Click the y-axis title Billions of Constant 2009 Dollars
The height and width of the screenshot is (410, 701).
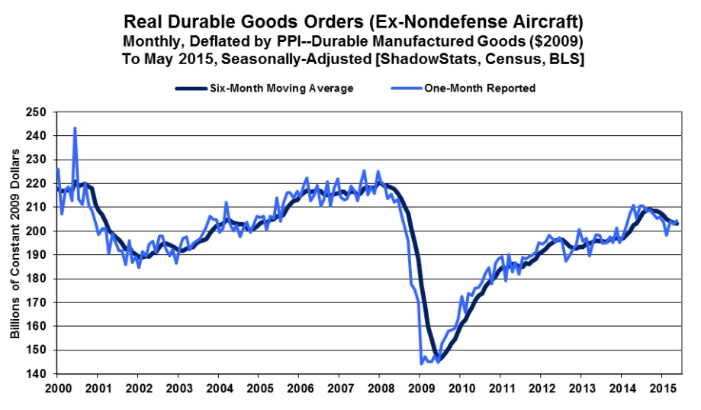14,243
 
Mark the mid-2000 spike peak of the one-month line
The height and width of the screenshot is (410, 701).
75,128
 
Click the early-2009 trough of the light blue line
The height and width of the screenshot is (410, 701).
422,364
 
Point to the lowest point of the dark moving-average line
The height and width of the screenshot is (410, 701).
438,359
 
